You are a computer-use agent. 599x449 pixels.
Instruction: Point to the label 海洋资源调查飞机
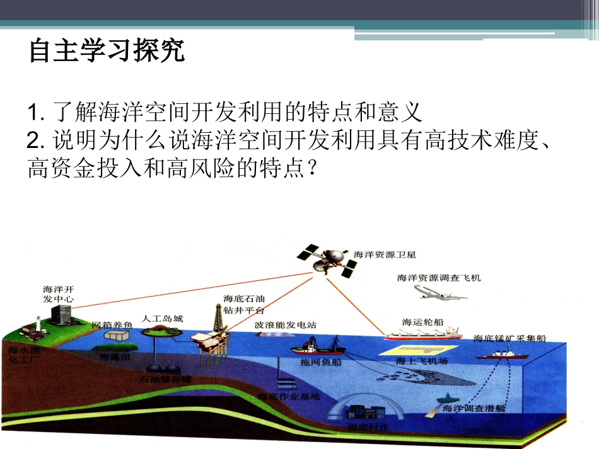[x=439, y=277]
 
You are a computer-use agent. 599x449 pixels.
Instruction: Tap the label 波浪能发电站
[x=286, y=326]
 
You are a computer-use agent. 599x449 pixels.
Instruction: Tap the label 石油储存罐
[x=165, y=380]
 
